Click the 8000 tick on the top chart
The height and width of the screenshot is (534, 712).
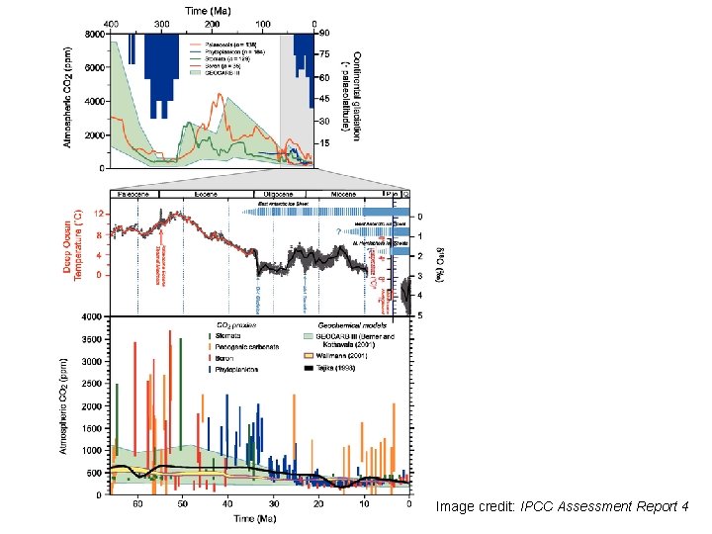point(94,34)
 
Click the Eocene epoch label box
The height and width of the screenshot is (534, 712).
point(207,195)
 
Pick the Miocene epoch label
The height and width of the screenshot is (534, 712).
point(342,195)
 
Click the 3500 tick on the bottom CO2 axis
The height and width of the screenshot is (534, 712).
point(92,338)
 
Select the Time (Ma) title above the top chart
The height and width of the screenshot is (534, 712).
point(212,8)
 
